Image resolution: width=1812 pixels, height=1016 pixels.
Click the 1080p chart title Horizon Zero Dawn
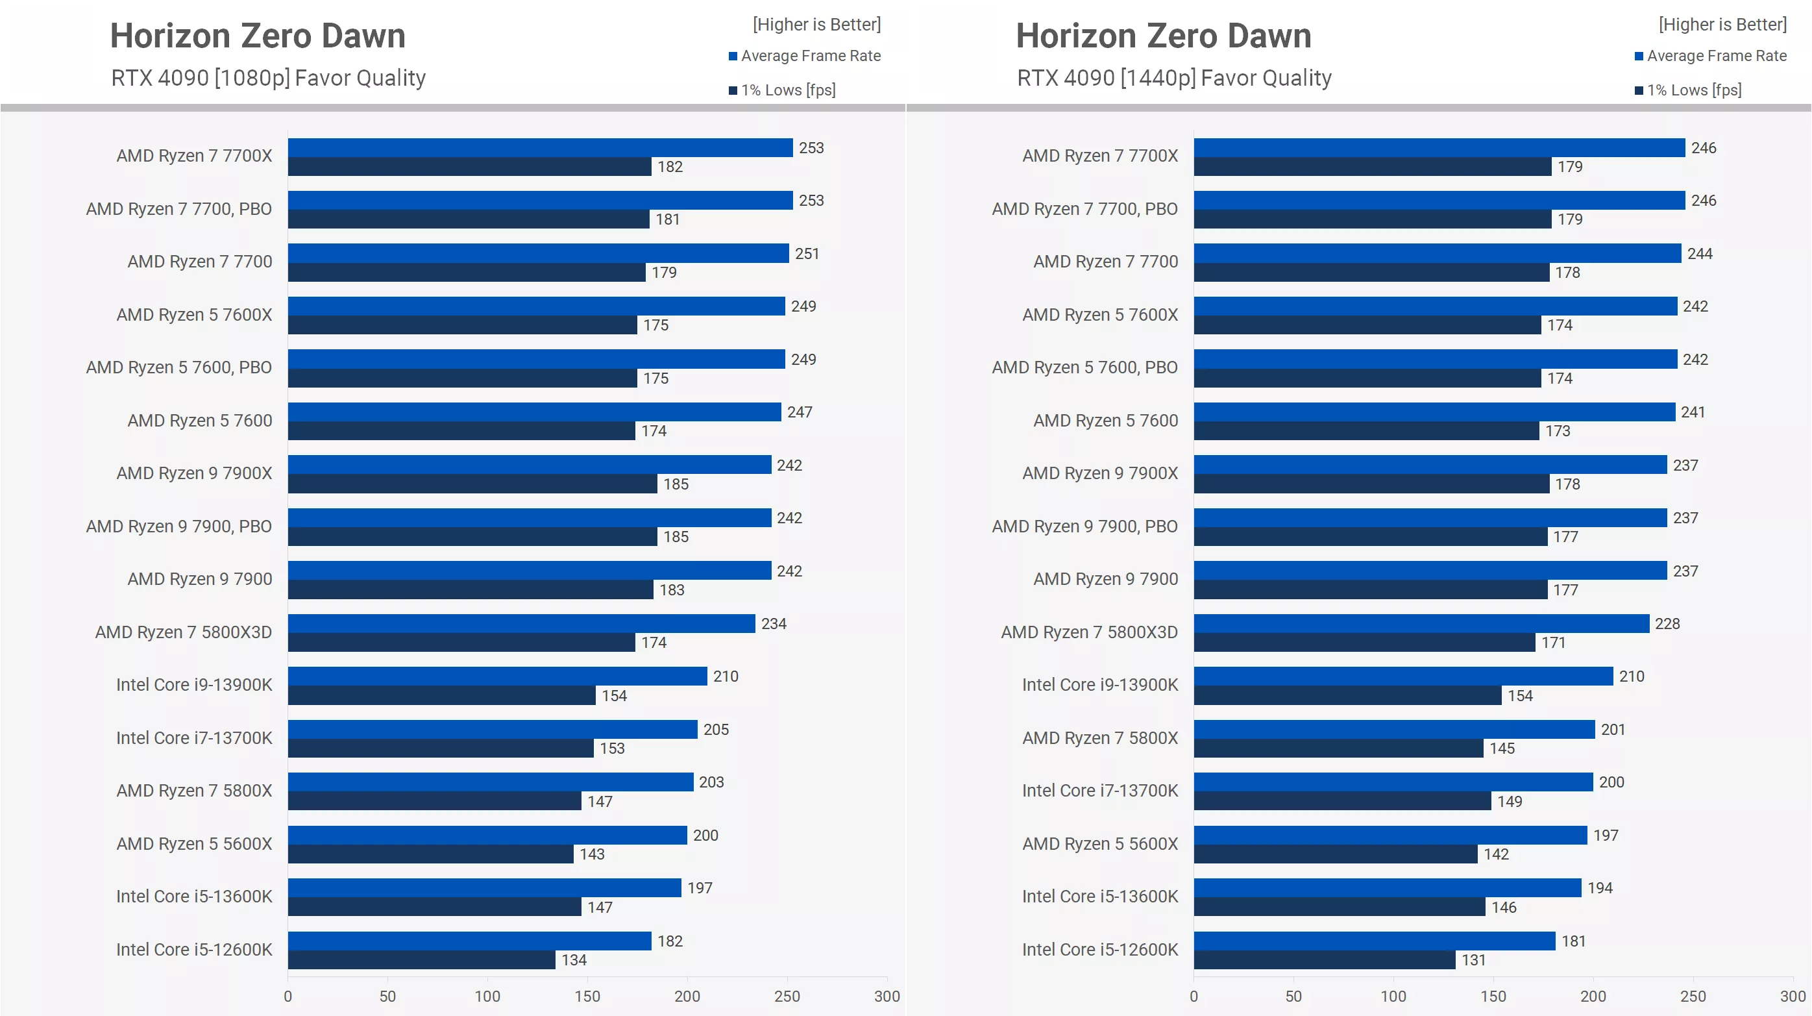pyautogui.click(x=258, y=35)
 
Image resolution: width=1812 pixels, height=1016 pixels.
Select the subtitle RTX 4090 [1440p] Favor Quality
pyautogui.click(x=1174, y=77)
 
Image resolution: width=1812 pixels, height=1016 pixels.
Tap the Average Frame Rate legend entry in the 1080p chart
pyautogui.click(x=810, y=56)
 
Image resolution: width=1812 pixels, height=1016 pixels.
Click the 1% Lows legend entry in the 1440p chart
pyautogui.click(x=1693, y=90)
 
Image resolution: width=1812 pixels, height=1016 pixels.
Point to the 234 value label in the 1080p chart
pyautogui.click(x=773, y=623)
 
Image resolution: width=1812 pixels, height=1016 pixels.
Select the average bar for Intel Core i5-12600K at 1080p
pyautogui.click(x=469, y=941)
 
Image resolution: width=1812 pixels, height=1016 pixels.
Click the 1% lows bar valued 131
pyautogui.click(x=1324, y=960)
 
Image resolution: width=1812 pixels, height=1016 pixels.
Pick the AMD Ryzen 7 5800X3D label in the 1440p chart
pyautogui.click(x=1089, y=632)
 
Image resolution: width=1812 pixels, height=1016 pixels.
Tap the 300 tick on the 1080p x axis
pyautogui.click(x=887, y=996)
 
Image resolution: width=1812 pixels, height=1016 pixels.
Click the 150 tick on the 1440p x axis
pyautogui.click(x=1493, y=996)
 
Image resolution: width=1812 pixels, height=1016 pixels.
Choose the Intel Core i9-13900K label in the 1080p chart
pyautogui.click(x=194, y=685)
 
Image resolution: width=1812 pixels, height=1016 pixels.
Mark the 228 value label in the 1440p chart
pyautogui.click(x=1667, y=623)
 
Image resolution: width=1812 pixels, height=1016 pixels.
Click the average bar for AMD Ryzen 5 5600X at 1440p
pyautogui.click(x=1390, y=835)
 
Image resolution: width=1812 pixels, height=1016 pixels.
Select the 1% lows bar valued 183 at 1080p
pyautogui.click(x=470, y=589)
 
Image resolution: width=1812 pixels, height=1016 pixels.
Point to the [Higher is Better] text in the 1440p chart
pyautogui.click(x=1722, y=25)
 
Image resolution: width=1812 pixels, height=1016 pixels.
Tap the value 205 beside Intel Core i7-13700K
pyautogui.click(x=715, y=730)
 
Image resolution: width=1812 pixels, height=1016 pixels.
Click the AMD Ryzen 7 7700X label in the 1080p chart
pyautogui.click(x=194, y=156)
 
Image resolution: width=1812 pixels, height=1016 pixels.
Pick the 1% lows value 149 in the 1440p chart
pyautogui.click(x=1510, y=801)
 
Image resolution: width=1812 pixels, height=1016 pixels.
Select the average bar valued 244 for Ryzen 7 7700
pyautogui.click(x=1437, y=253)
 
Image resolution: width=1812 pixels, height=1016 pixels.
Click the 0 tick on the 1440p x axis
pyautogui.click(x=1194, y=996)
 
